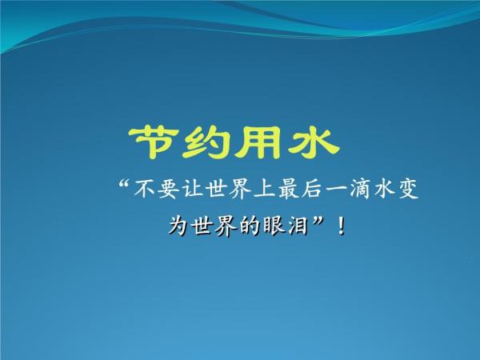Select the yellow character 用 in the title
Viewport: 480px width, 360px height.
258,143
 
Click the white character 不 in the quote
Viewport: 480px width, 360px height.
144,189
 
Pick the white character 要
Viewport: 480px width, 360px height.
169,190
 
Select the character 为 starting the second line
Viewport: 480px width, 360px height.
178,226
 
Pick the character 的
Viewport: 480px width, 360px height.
250,226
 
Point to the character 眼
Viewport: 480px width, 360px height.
274,226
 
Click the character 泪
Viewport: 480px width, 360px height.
298,226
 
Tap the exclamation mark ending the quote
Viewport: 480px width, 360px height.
341,226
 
